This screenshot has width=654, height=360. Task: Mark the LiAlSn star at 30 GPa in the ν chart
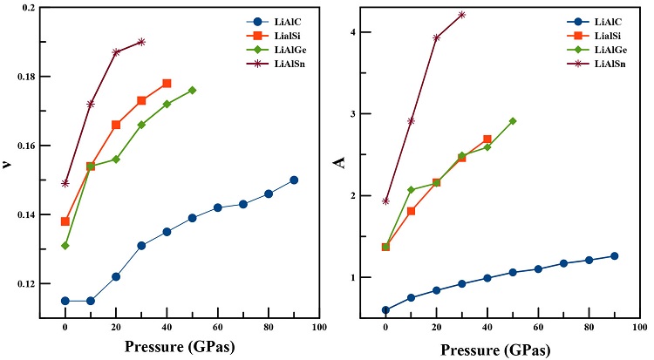click(141, 42)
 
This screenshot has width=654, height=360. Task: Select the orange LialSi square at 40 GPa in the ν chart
click(167, 84)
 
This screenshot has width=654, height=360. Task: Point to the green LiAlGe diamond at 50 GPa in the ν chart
click(192, 90)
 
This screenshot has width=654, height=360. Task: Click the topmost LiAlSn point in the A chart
click(461, 15)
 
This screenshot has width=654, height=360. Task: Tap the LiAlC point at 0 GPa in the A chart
click(385, 309)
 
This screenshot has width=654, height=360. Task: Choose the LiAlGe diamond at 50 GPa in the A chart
click(513, 121)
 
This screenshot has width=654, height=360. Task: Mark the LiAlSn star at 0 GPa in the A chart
click(385, 201)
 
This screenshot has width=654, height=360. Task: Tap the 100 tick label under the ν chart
click(318, 330)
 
